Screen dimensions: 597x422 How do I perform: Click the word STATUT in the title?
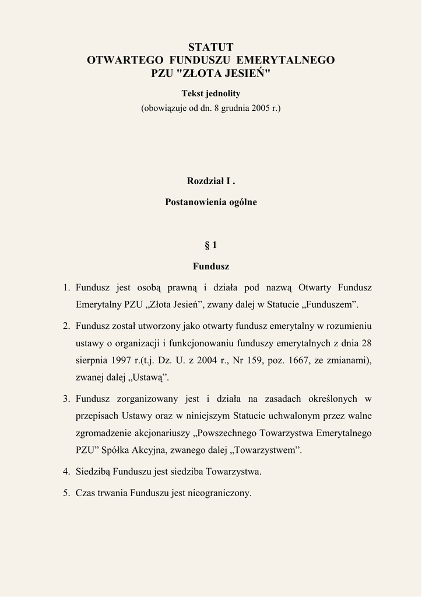(210, 47)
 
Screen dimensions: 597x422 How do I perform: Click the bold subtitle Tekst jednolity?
(210, 93)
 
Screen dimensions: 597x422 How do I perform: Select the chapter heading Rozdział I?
(210, 181)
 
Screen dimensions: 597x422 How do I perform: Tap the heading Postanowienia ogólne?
(210, 202)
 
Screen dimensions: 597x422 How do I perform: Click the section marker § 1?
(210, 245)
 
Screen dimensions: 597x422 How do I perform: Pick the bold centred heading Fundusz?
(210, 266)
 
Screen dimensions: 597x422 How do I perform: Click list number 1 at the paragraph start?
(66, 287)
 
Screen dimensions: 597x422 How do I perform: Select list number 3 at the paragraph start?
(66, 399)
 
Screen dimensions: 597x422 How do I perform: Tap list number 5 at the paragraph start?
(66, 493)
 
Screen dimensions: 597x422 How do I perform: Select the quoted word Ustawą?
(148, 378)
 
